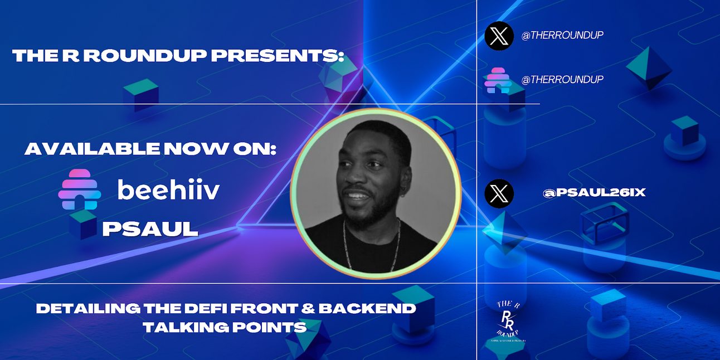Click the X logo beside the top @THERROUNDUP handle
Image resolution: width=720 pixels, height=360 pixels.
point(499,36)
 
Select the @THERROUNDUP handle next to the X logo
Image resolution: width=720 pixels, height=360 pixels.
point(562,35)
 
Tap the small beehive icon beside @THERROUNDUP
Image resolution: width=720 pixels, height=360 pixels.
point(498,80)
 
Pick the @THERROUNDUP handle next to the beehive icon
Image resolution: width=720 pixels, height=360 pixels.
point(562,80)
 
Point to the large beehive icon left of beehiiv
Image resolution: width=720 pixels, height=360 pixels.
point(80,189)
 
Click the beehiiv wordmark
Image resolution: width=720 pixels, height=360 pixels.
point(168,189)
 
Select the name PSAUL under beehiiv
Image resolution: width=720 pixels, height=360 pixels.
point(150,228)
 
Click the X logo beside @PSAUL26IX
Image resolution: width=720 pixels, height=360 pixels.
point(499,193)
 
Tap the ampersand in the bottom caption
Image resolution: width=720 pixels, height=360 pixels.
point(316,308)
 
